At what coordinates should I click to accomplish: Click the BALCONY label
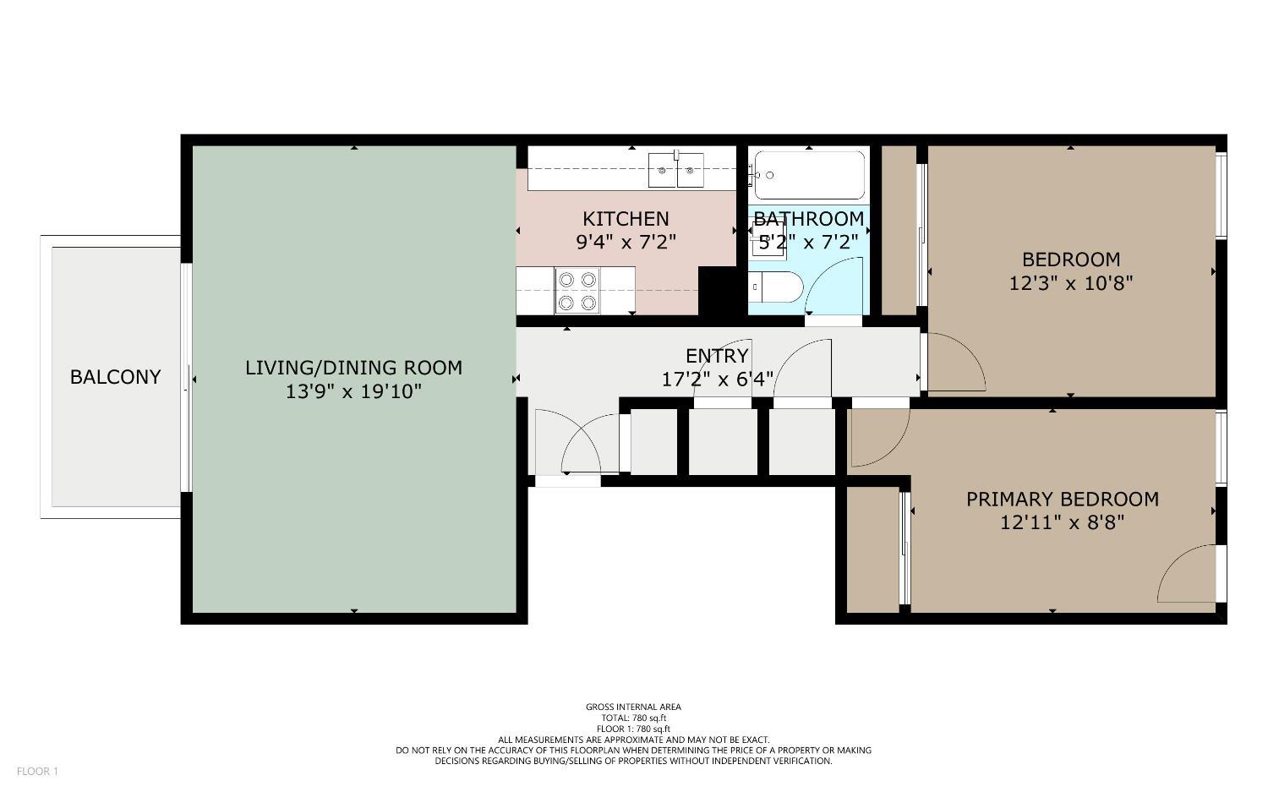[x=115, y=377]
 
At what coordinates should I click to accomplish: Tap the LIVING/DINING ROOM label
[x=353, y=368]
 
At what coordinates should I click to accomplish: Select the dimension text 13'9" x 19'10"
[x=353, y=391]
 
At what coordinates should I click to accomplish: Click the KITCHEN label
[x=626, y=219]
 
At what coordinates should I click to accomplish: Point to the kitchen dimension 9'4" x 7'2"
[x=626, y=243]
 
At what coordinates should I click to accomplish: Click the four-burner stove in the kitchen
[x=577, y=290]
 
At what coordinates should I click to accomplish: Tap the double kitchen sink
[x=676, y=171]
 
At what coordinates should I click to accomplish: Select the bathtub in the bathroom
[x=809, y=175]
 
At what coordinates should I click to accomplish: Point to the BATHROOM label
[x=809, y=220]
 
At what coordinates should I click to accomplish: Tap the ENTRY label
[x=717, y=356]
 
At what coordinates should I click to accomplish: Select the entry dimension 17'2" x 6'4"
[x=717, y=380]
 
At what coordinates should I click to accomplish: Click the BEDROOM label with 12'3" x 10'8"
[x=1070, y=259]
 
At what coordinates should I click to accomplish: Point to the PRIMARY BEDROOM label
[x=1062, y=500]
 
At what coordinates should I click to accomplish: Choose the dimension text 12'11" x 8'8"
[x=1062, y=523]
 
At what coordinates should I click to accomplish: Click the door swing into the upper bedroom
[x=956, y=363]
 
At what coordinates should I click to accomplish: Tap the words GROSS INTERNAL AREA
[x=633, y=707]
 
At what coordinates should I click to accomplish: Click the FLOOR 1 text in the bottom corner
[x=37, y=772]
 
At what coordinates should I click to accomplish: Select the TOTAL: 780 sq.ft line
[x=633, y=718]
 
